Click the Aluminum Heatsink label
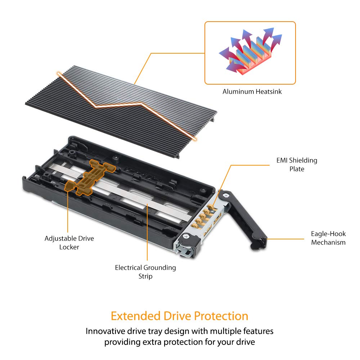[252, 91]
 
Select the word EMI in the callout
[283, 161]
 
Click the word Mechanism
[328, 242]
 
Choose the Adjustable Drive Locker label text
[69, 242]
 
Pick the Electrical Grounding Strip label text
[145, 272]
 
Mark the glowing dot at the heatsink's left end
[59, 73]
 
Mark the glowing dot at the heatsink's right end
[195, 138]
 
